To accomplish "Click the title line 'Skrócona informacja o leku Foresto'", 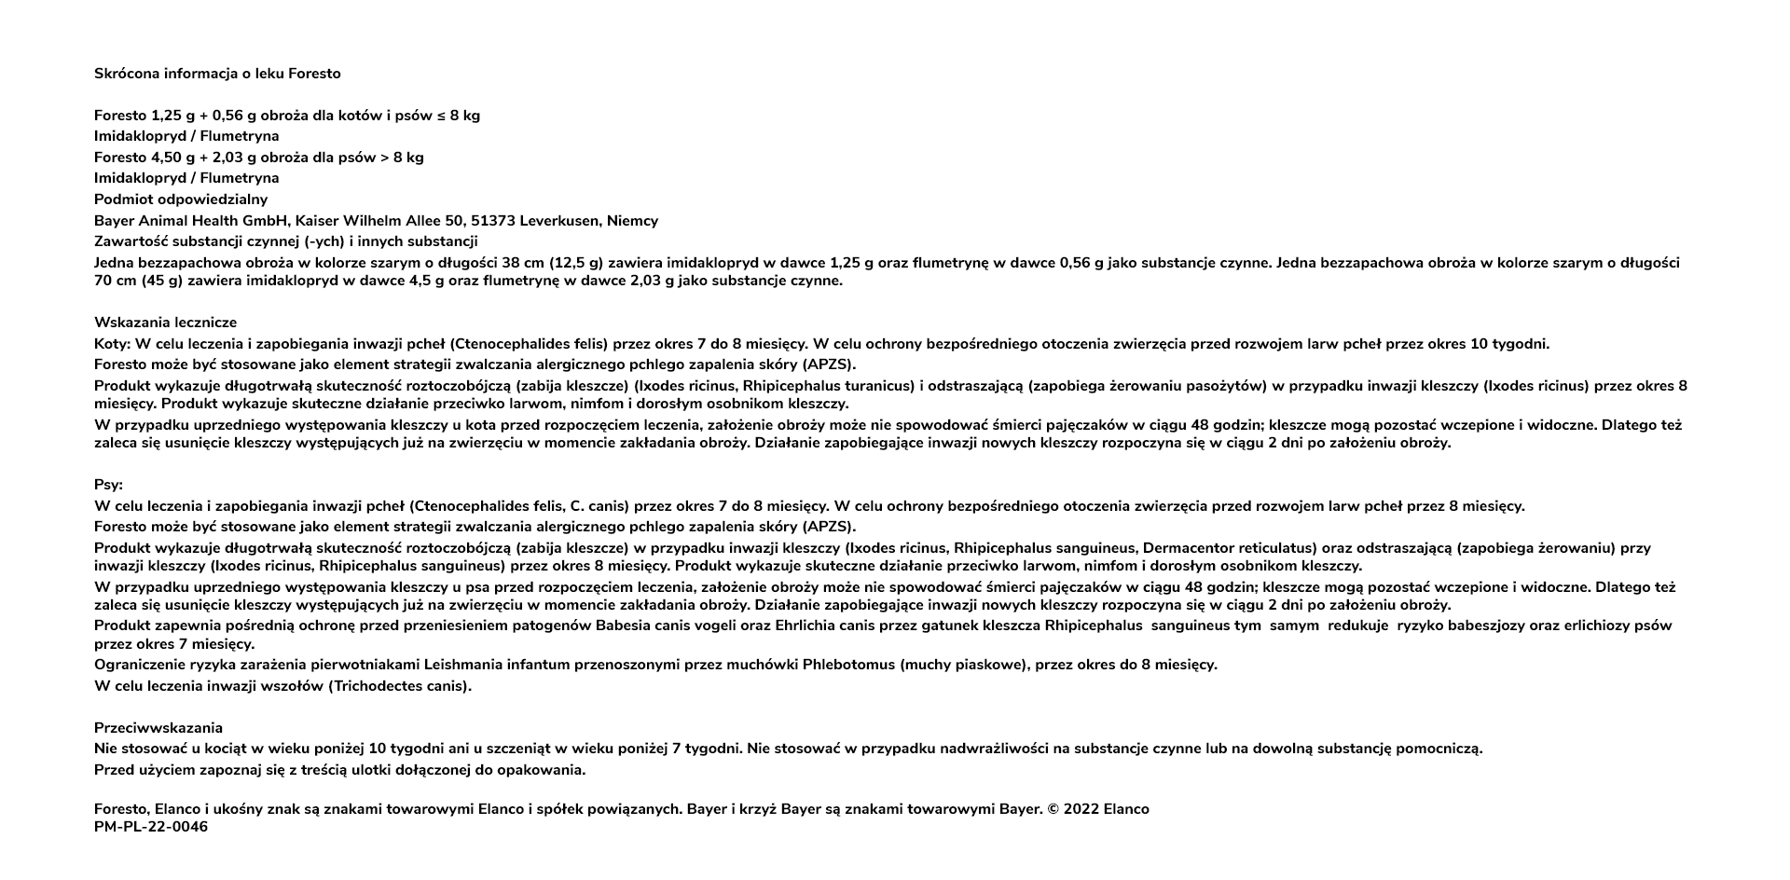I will coord(217,74).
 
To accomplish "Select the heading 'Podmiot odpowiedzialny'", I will coord(181,199).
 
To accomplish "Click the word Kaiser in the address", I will coord(316,221).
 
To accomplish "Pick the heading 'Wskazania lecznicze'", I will coord(165,323).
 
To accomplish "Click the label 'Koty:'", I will coord(112,344).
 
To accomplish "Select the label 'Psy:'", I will coord(108,486).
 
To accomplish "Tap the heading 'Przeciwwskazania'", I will coord(158,728).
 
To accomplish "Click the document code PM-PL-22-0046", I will coord(151,827).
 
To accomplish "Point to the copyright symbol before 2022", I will coord(1053,809).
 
